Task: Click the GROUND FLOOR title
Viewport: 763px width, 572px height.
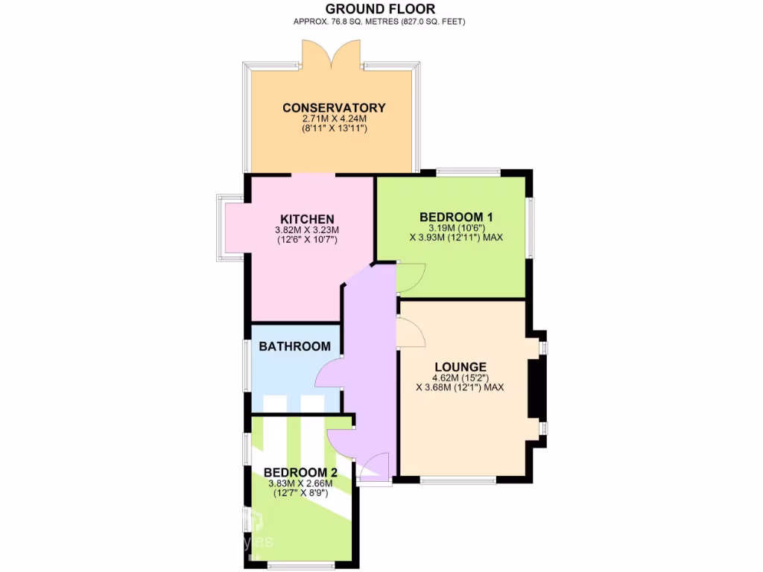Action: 380,9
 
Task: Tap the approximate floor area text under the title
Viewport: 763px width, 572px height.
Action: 380,22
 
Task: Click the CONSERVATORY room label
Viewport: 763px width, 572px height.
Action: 334,108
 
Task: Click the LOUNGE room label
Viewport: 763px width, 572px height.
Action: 461,366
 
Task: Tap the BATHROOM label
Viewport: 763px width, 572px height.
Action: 294,346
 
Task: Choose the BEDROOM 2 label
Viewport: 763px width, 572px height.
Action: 300,473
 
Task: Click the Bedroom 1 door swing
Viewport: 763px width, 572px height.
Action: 411,277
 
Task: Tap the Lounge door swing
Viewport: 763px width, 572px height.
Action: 411,332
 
